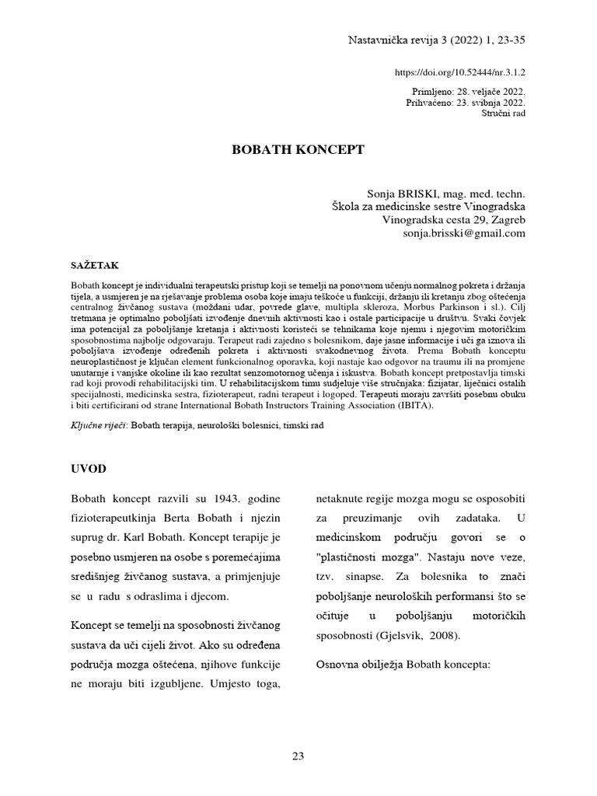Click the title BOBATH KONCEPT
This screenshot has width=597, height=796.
pos(298,150)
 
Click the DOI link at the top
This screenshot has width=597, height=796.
pos(461,72)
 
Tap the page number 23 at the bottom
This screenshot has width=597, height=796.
pos(298,756)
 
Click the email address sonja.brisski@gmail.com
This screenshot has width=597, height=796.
pos(464,232)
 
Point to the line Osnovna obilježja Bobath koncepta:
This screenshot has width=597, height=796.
pos(403,665)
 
